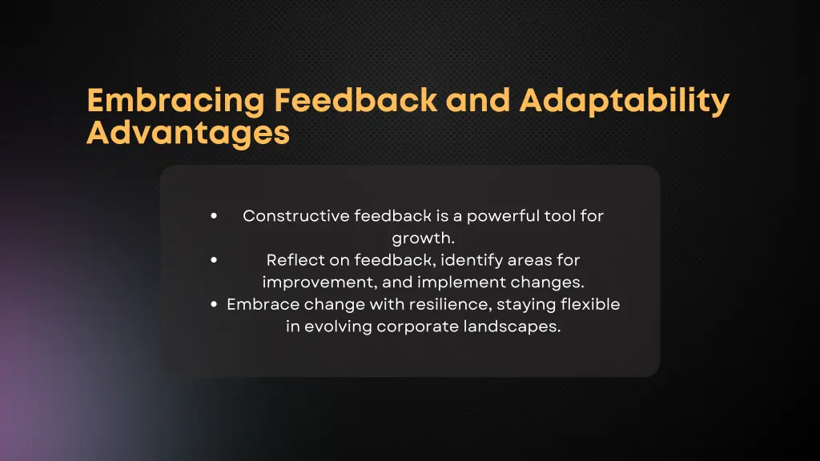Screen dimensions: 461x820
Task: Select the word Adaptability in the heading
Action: (624, 102)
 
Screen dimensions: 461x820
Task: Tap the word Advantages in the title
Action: (187, 132)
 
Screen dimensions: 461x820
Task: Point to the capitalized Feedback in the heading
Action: (356, 101)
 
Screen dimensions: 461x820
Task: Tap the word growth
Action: (423, 239)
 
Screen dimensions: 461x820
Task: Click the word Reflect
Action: (291, 260)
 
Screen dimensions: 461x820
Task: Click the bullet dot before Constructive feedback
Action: (214, 216)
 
